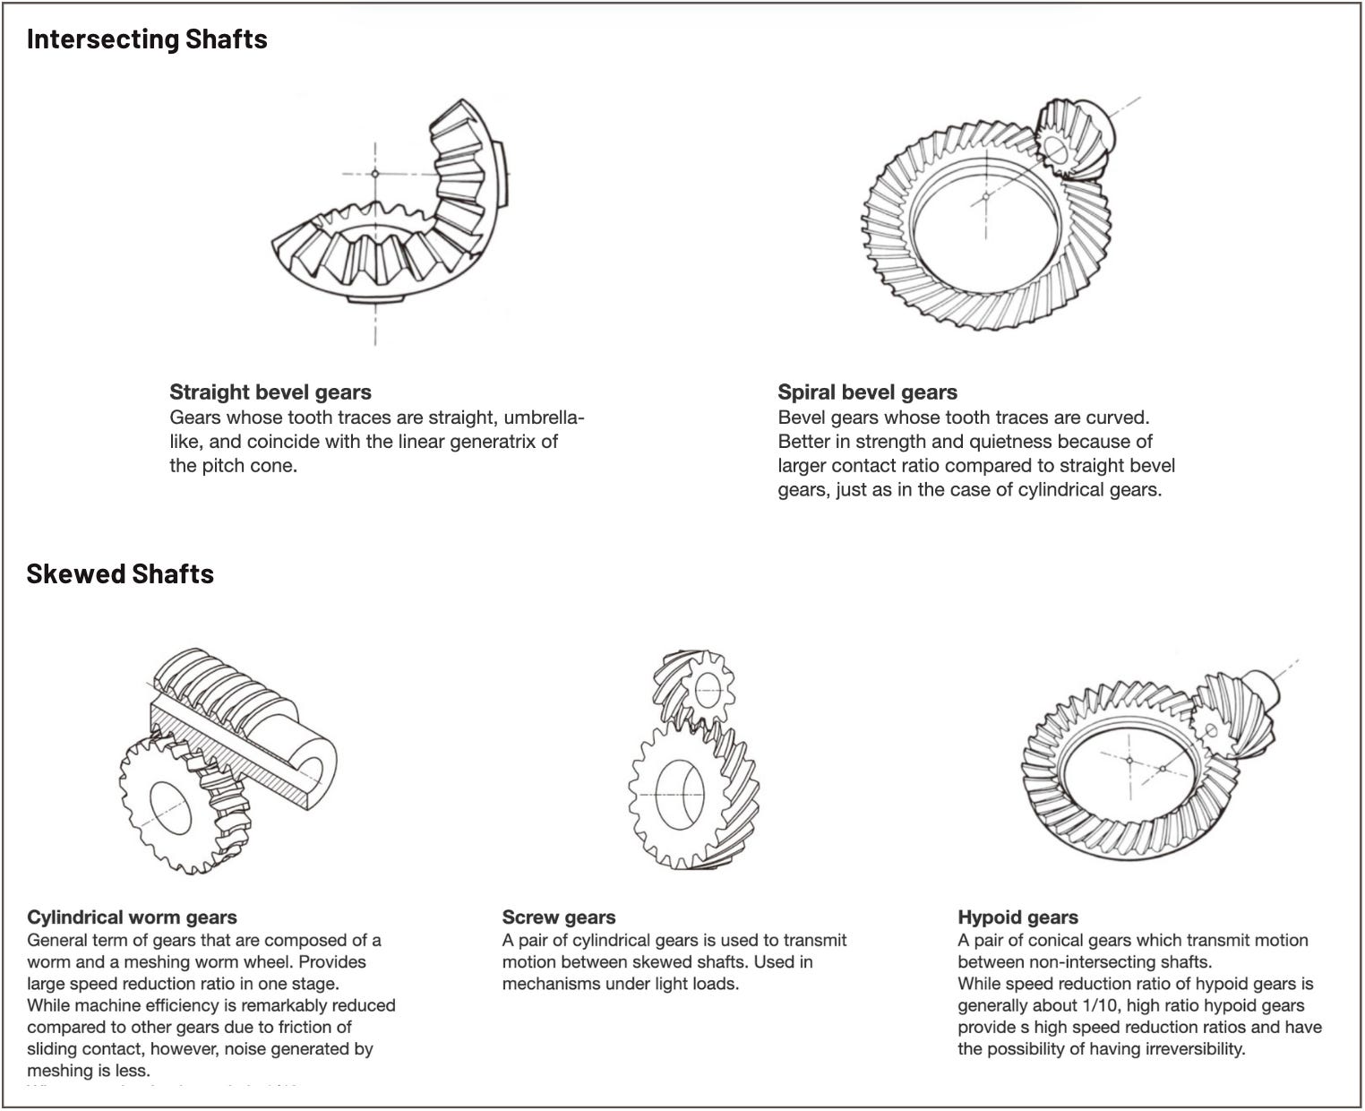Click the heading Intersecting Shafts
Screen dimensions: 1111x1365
point(147,39)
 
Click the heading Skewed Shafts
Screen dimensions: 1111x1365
point(120,573)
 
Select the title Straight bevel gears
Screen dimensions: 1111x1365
point(270,392)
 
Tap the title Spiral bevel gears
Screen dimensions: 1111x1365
point(867,392)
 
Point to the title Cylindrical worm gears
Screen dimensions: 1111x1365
point(132,917)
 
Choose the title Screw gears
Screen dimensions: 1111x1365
point(559,917)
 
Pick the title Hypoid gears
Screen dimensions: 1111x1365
point(1017,917)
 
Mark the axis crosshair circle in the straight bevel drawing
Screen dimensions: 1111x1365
point(375,173)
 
